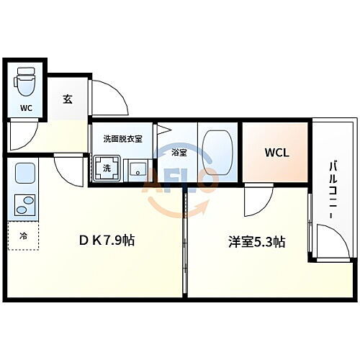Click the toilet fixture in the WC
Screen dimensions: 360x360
pos(25,81)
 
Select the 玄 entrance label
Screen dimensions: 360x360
pos(67,99)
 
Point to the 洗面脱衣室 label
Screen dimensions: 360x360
pos(122,139)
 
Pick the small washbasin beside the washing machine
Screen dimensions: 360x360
pos(136,170)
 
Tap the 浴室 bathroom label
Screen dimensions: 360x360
pos(179,152)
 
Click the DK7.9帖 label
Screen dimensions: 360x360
pos(107,240)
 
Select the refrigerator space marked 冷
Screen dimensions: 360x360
pos(22,235)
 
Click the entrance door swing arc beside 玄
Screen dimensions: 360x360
pos(107,97)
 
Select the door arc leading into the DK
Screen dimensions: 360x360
pos(69,171)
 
